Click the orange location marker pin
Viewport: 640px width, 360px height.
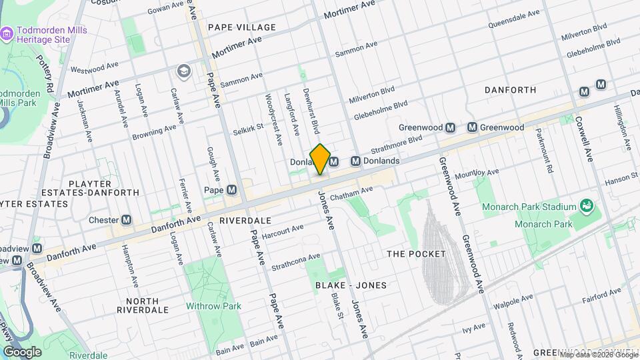click(320, 159)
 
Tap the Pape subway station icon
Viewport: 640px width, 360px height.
click(232, 190)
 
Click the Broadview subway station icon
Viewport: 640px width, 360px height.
click(36, 248)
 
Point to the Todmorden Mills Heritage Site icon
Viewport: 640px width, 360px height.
click(6, 33)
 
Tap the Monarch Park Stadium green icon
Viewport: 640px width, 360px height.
click(586, 205)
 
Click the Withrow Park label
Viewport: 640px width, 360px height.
click(213, 306)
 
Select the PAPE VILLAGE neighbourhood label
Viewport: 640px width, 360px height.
click(241, 27)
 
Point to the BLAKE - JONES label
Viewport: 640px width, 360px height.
click(351, 285)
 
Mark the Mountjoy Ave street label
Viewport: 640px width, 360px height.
click(476, 174)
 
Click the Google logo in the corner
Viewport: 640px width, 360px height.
click(22, 351)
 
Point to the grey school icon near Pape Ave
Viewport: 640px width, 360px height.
click(183, 70)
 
